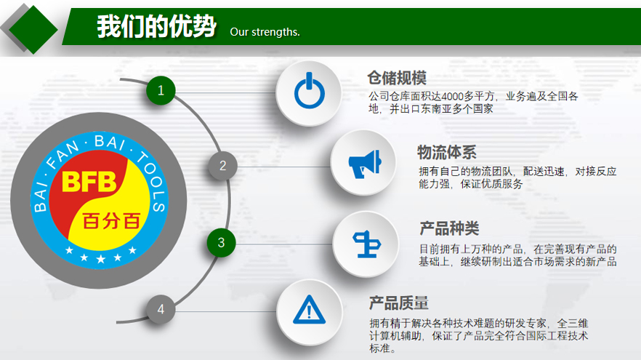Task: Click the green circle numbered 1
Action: pos(161,90)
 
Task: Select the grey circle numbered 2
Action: pos(222,166)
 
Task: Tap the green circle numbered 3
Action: pos(221,243)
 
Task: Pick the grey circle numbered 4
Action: pos(161,309)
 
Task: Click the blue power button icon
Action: pos(310,91)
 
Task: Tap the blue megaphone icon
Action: pos(365,164)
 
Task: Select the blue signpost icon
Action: pos(367,244)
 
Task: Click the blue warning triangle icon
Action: pos(310,310)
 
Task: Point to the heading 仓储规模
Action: pos(397,78)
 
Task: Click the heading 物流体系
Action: pos(447,152)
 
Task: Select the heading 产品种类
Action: pos(449,228)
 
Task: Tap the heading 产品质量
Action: pos(398,303)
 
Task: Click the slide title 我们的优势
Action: pos(156,26)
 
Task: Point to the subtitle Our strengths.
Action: pos(265,32)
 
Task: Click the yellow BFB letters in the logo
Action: pos(89,182)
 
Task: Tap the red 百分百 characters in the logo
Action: pos(111,221)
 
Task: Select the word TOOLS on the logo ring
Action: pos(153,180)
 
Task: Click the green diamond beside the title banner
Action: pos(33,29)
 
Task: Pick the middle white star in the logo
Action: pos(100,259)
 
